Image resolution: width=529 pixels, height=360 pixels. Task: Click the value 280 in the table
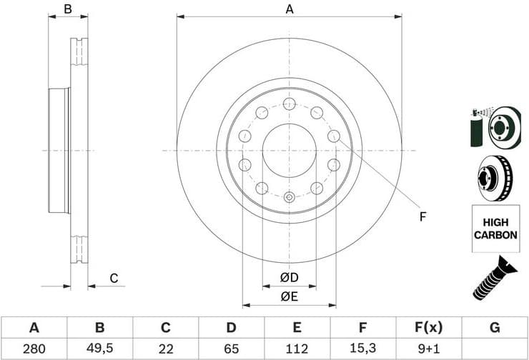point(34,349)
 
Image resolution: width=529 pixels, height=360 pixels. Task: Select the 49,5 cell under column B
point(100,349)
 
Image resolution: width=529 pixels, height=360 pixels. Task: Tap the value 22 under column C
point(165,349)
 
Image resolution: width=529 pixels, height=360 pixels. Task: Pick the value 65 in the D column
point(231,349)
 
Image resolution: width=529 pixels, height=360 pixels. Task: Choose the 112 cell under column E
point(297,349)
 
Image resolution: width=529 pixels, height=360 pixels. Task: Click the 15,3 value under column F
point(362,349)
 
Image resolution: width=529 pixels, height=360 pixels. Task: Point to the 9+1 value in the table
point(428,349)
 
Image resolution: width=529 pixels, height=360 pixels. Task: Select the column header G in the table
point(494,329)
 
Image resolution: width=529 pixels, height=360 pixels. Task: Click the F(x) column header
point(428,329)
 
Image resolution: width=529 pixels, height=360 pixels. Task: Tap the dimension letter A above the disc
point(290,9)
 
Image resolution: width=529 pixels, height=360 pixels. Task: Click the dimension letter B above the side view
point(68,9)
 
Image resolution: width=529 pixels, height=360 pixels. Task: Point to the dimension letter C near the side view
point(113,279)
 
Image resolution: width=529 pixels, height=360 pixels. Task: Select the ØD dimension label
point(289,277)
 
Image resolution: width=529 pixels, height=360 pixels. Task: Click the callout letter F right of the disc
point(422,216)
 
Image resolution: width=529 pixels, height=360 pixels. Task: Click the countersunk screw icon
point(495,277)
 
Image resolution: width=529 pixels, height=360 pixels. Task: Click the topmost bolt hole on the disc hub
point(289,104)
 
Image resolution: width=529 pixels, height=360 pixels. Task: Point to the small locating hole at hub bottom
point(289,197)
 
